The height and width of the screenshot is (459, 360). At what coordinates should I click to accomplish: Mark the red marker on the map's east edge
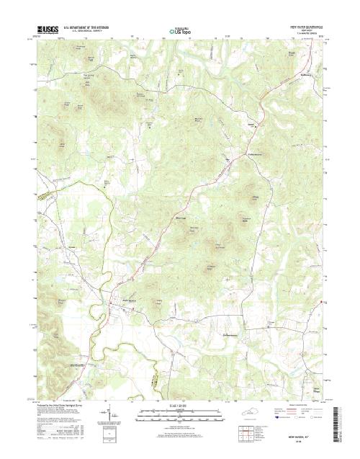click(322, 301)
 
